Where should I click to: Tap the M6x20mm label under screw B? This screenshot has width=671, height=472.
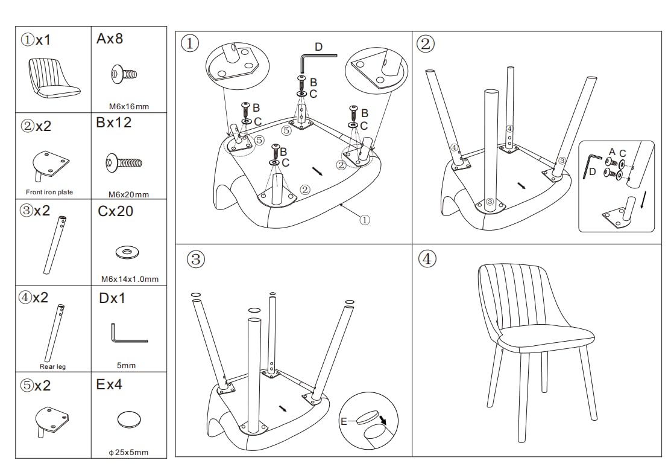pos(128,194)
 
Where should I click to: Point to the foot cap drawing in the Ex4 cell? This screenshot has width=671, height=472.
pos(130,419)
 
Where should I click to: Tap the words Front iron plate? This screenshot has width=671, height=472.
pos(49,192)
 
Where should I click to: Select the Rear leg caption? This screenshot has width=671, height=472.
pos(52,366)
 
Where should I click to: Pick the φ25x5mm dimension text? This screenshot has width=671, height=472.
pos(128,452)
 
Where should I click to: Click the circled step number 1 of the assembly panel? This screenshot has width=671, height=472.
pos(189,44)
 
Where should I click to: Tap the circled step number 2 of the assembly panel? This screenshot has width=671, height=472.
pos(426,44)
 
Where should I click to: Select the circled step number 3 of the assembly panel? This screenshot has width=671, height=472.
pos(194,260)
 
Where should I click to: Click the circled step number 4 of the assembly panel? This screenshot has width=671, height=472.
pos(426,260)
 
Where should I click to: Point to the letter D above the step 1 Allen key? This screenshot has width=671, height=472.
pos(319,47)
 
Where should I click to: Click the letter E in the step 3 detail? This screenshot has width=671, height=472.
pos(344,421)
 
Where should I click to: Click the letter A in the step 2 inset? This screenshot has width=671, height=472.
pos(612,152)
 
